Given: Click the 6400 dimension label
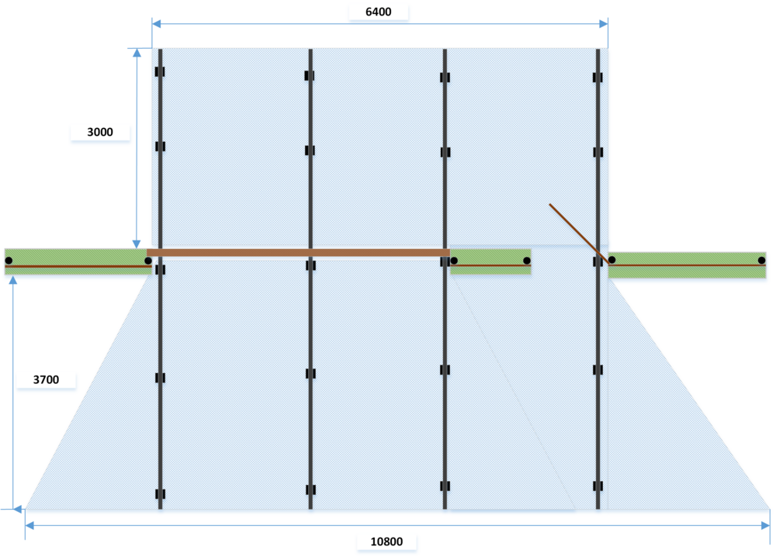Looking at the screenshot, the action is coord(378,12).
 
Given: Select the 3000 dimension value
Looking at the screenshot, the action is coord(100,132).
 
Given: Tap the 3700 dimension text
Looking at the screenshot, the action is coord(46,380).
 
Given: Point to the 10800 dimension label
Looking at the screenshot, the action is coord(386,541).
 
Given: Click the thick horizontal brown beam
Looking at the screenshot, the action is coord(299,253).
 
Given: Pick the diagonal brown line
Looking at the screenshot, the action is coord(579,233).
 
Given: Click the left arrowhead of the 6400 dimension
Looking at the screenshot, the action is coord(157,24).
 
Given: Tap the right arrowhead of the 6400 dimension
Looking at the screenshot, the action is coord(603,24).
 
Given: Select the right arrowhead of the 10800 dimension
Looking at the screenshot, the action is coord(765,525).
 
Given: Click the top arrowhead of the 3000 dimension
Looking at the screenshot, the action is coord(137,53).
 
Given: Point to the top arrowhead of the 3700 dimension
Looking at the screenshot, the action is coord(13,281).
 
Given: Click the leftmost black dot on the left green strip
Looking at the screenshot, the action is coord(9,261).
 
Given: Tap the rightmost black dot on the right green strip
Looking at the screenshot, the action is coord(761,260).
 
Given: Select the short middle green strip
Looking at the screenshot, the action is coord(490,261).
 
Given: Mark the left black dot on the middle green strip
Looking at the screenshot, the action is coord(454,261).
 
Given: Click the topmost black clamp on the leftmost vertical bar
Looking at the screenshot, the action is coord(160,71).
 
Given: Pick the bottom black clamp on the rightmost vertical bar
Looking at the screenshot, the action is coord(598,486).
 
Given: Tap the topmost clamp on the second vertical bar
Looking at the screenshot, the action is coord(310,76).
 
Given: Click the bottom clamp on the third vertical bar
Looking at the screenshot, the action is coord(445,486).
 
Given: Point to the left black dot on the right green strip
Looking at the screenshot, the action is coord(612,260).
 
